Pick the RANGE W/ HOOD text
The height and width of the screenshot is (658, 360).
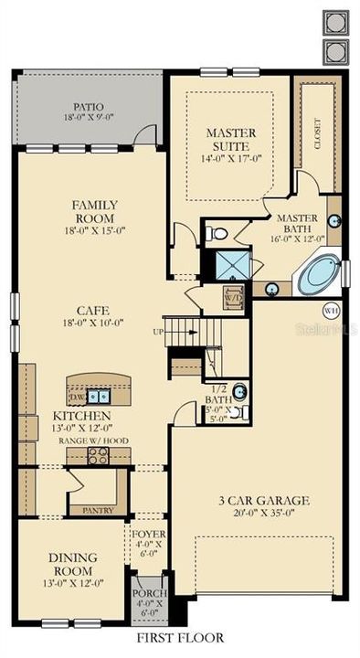(94, 440)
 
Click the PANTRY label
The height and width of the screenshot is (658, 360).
(97, 510)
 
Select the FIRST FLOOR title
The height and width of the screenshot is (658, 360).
(180, 637)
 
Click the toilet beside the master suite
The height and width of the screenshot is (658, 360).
(217, 234)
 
